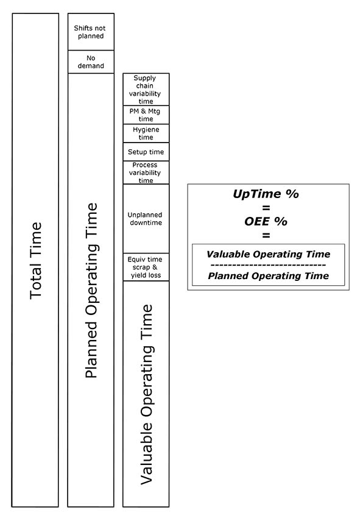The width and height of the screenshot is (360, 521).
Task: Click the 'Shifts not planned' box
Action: pyautogui.click(x=91, y=32)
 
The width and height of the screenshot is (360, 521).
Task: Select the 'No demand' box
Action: pyautogui.click(x=91, y=62)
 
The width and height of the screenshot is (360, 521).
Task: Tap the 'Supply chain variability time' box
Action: pyautogui.click(x=146, y=90)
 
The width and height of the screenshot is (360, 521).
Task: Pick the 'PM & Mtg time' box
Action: pyautogui.click(x=146, y=115)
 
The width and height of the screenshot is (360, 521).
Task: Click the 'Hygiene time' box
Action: pyautogui.click(x=146, y=133)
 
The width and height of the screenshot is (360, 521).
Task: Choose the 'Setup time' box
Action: pyautogui.click(x=146, y=152)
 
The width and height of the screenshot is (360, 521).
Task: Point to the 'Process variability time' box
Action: pyautogui.click(x=146, y=172)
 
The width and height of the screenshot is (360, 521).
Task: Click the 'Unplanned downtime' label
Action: pyautogui.click(x=145, y=219)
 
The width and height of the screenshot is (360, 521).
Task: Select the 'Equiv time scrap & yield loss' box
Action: pyautogui.click(x=146, y=267)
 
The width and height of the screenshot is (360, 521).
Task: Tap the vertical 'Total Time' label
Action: pyautogui.click(x=35, y=261)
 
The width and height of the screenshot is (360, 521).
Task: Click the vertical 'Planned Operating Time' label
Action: pyautogui.click(x=91, y=291)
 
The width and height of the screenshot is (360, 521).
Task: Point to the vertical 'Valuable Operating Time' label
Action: pyautogui.click(x=146, y=394)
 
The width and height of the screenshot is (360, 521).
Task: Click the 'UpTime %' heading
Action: pyautogui.click(x=266, y=194)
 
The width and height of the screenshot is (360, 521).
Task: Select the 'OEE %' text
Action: pyautogui.click(x=266, y=221)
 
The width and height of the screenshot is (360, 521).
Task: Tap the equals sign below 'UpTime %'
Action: pyautogui.click(x=266, y=208)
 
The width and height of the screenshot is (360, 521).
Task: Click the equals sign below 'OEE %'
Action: pyautogui.click(x=266, y=235)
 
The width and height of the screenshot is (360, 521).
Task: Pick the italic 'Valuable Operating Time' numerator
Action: pyautogui.click(x=269, y=255)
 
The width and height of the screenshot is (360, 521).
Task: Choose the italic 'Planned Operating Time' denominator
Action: pyautogui.click(x=269, y=276)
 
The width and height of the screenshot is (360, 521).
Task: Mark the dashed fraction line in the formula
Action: pyautogui.click(x=269, y=265)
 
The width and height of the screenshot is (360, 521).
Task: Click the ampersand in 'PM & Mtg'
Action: pyautogui.click(x=144, y=111)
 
